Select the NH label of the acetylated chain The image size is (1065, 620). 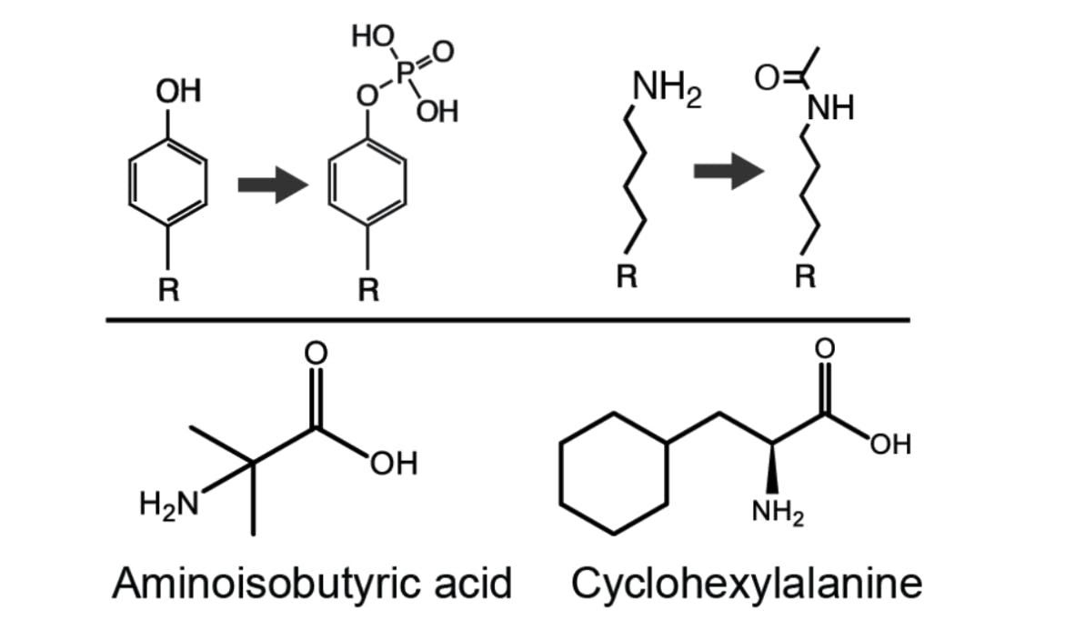click(x=830, y=108)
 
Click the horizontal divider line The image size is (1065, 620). click(x=507, y=319)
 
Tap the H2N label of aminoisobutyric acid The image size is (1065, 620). click(x=168, y=501)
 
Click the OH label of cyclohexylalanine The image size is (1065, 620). click(x=889, y=445)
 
